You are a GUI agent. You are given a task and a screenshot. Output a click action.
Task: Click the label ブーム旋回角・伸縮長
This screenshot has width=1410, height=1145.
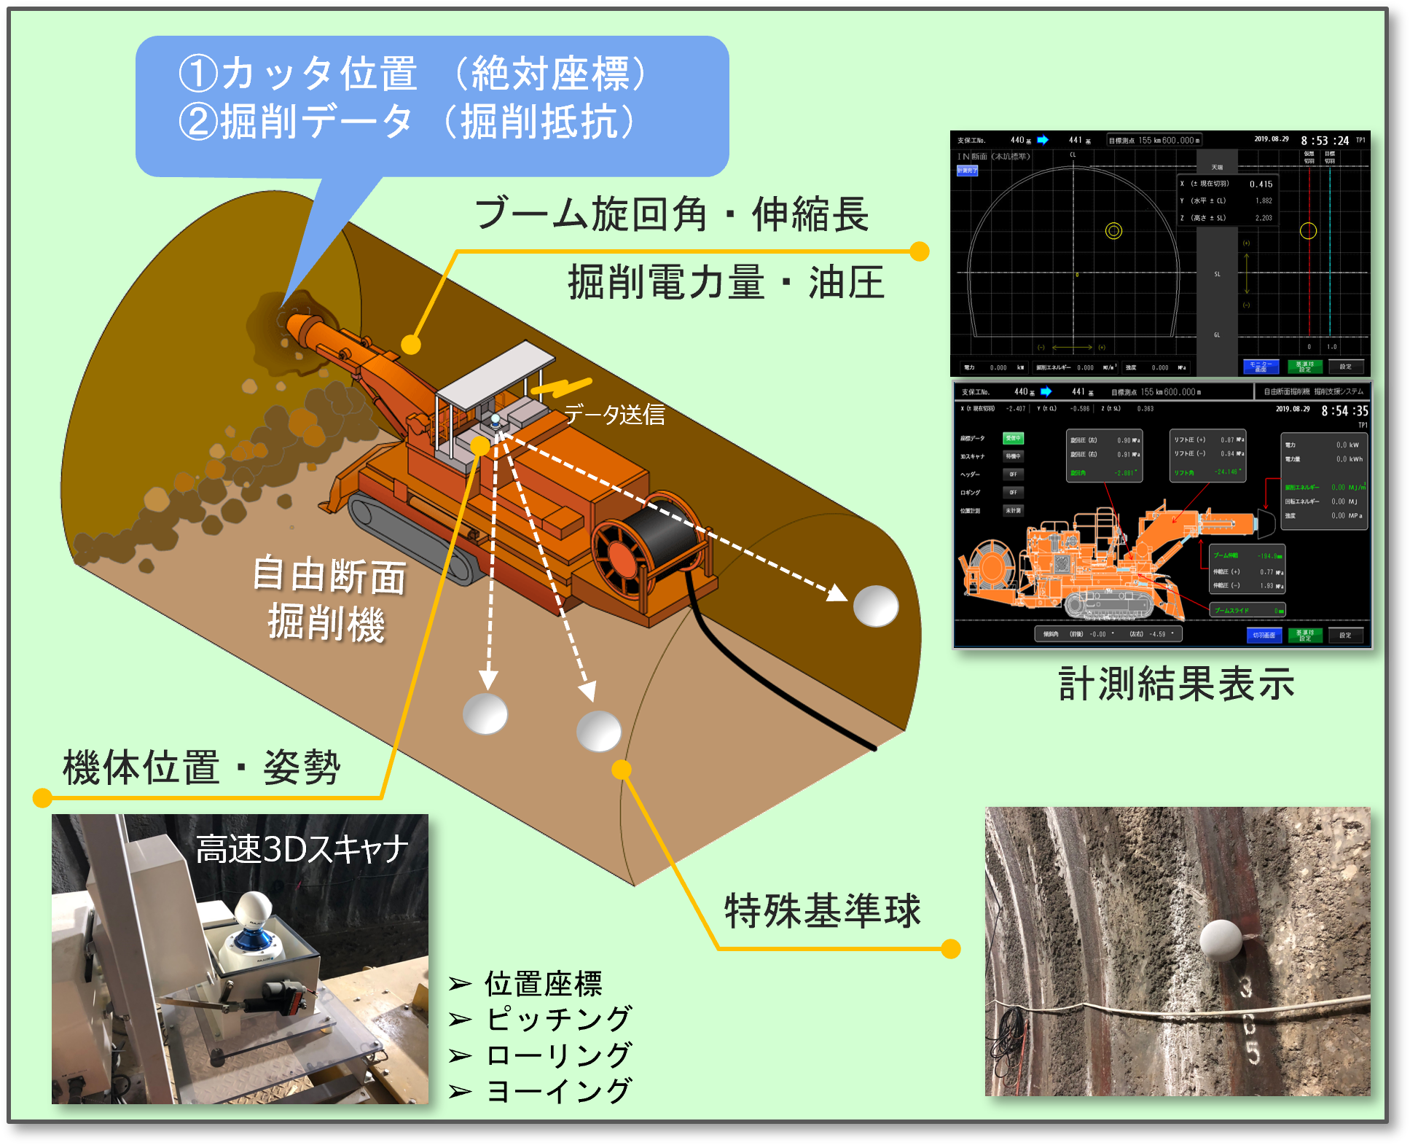coord(671,214)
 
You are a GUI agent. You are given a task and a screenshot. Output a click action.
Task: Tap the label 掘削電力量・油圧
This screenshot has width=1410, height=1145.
coord(726,283)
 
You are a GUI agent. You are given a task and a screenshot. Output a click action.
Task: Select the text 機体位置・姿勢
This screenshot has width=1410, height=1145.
coord(202,767)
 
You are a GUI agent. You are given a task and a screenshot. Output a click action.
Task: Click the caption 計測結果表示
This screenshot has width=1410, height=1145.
coord(1176,684)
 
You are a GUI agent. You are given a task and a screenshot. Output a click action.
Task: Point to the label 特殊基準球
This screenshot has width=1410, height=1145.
coord(823,910)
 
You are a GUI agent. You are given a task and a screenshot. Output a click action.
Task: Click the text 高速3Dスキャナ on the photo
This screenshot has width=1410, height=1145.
coord(302,849)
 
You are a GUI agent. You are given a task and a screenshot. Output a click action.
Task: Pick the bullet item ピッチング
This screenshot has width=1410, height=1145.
coord(558,1018)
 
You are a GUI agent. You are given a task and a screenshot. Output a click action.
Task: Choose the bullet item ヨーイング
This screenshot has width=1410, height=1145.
coord(558,1090)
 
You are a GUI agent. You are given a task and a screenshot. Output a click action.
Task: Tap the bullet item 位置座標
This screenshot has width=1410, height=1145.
coord(544,983)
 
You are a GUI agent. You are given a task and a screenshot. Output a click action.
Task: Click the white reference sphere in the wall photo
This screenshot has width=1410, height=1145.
coord(1221,940)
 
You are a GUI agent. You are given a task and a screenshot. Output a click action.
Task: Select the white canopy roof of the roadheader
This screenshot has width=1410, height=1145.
coord(496,375)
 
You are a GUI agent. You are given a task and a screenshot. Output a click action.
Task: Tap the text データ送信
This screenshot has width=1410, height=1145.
coord(614,415)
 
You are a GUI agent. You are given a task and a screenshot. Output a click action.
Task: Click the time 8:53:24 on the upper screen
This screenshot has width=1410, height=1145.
coord(1325,141)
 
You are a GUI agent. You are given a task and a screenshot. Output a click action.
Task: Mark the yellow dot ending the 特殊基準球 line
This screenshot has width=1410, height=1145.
coord(950,948)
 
